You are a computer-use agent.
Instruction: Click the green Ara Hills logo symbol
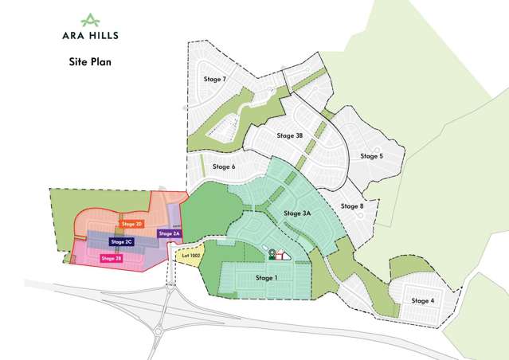(x=92, y=18)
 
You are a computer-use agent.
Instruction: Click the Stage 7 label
(x=215, y=80)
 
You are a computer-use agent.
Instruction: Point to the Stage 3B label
(x=290, y=136)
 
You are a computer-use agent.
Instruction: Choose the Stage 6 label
(x=224, y=167)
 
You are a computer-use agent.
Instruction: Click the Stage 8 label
(x=352, y=206)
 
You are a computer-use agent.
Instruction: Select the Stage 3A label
(x=296, y=214)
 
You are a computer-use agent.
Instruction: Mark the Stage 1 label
(x=267, y=278)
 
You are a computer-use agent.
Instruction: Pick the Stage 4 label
(x=423, y=300)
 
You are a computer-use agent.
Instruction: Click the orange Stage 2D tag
(x=132, y=225)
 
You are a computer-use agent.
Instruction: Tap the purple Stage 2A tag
(x=170, y=233)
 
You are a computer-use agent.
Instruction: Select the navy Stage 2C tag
(x=122, y=241)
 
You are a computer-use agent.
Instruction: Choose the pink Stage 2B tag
(x=111, y=258)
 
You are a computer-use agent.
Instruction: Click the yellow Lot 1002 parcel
(x=190, y=256)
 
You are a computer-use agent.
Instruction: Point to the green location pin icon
(x=272, y=254)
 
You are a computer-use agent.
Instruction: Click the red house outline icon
(x=280, y=256)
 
